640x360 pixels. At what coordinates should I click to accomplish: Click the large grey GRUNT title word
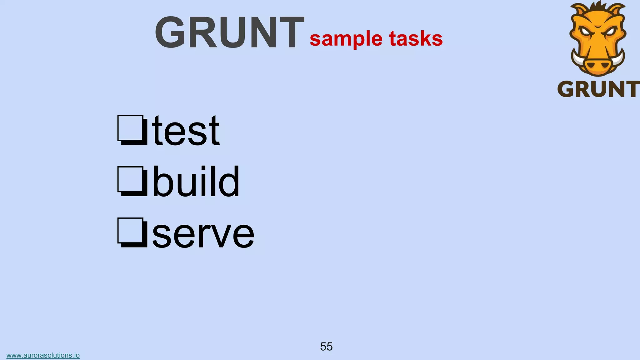229,32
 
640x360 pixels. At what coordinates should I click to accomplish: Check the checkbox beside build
132,181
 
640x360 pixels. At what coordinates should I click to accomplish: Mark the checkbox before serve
132,232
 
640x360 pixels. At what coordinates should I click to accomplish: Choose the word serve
203,234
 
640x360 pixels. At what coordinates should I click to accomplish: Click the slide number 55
326,347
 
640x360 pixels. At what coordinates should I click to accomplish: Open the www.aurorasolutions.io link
43,355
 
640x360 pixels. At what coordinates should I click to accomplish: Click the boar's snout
597,65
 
